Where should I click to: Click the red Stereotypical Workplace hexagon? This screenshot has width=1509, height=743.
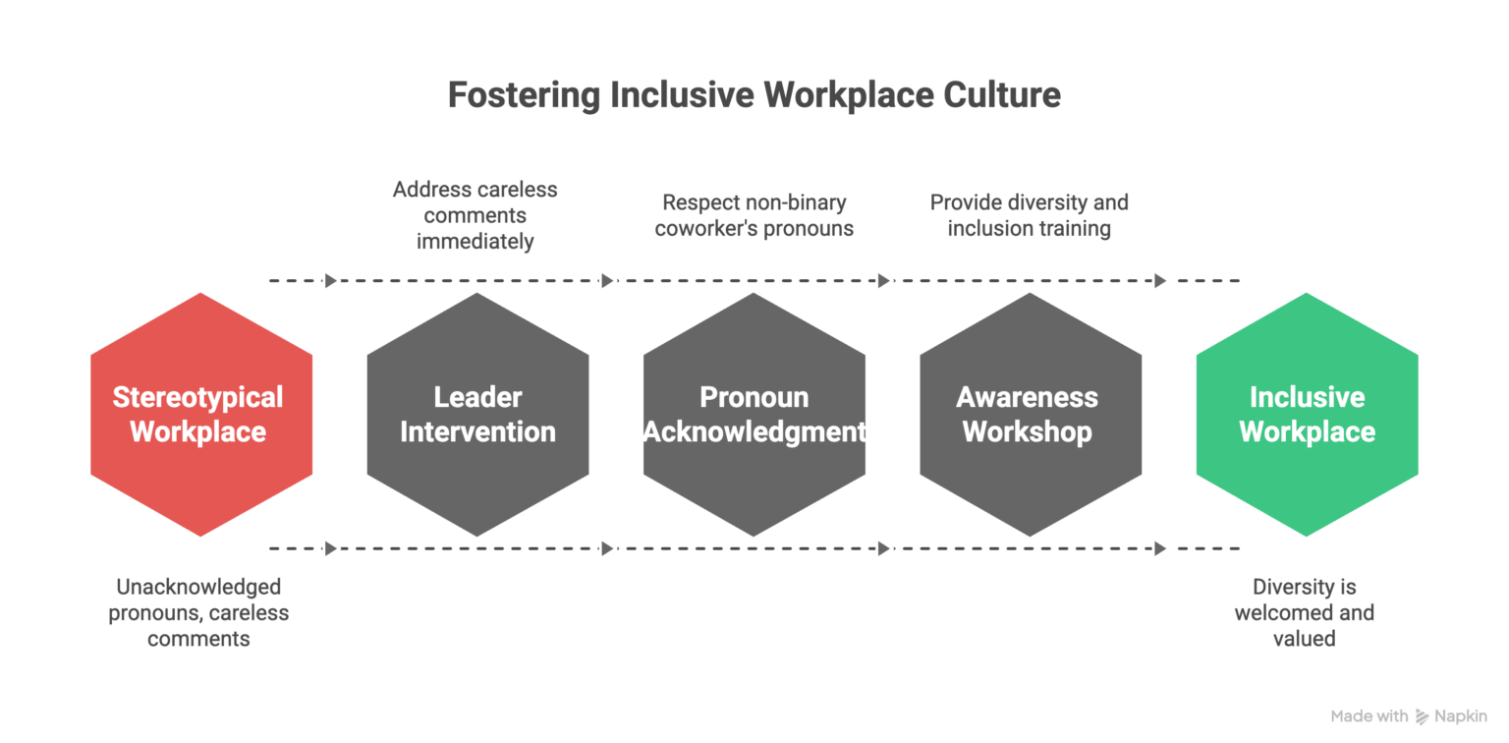click(201, 415)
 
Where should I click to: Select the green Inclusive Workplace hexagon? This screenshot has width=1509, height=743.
click(1307, 415)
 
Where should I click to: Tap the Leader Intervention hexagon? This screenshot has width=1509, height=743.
click(477, 415)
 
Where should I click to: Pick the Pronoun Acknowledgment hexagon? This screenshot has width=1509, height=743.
click(754, 415)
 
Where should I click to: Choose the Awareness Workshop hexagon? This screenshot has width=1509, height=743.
click(1031, 415)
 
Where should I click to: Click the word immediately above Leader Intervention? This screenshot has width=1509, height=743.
click(475, 242)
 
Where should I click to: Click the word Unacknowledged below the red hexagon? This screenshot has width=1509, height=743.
click(198, 588)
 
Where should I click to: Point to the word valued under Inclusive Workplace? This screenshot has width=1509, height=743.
click(1305, 639)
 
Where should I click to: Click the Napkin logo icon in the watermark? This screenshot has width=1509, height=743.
click(1423, 716)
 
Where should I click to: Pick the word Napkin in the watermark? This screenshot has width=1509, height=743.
click(1461, 716)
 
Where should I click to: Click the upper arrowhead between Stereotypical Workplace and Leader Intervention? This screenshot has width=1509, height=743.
click(331, 280)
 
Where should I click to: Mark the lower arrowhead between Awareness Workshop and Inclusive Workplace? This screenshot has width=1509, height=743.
click(1160, 548)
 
